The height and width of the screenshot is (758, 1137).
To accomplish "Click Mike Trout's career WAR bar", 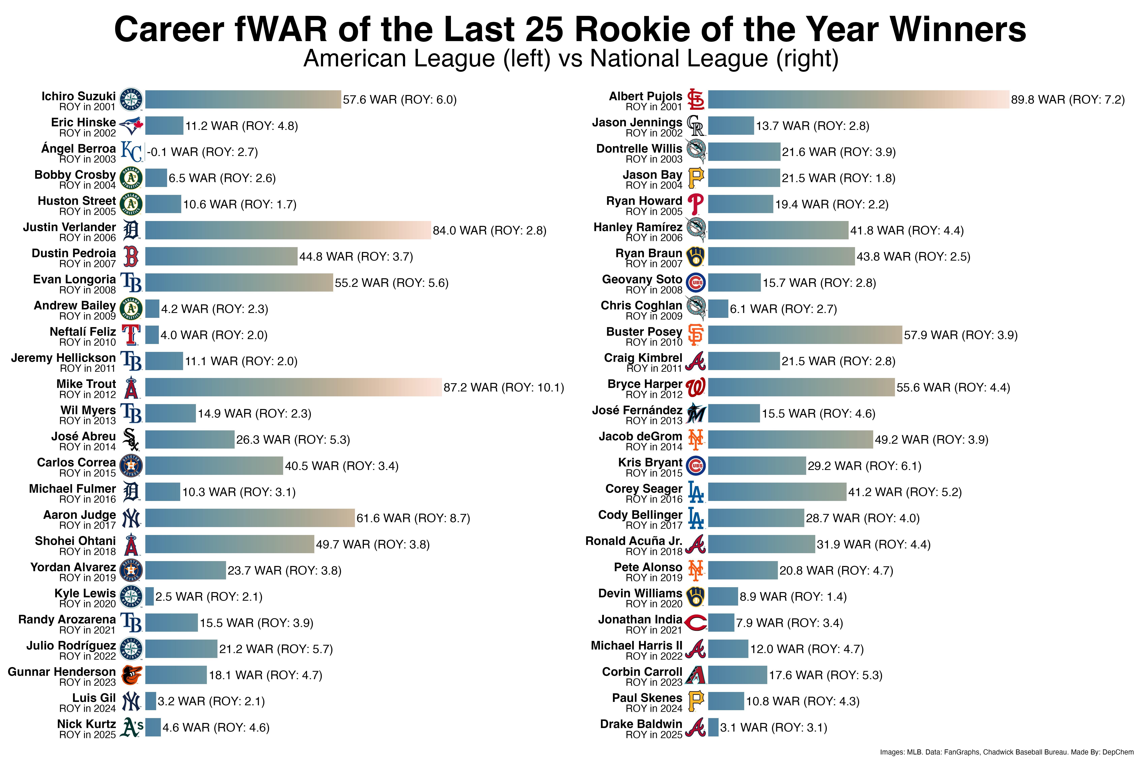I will click(x=293, y=387).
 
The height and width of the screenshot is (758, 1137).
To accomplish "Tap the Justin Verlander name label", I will click(x=70, y=227).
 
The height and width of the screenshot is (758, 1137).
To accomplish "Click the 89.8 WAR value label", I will click(x=1067, y=100).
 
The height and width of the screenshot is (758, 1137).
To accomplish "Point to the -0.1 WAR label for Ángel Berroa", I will click(x=202, y=152).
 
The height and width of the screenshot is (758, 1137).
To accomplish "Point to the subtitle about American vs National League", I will click(x=570, y=58).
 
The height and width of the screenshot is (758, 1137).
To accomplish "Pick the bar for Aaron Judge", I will click(x=249, y=518).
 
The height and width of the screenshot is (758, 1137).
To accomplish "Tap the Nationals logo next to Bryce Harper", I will click(x=696, y=387).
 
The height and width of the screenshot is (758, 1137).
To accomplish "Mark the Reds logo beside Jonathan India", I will click(x=696, y=623).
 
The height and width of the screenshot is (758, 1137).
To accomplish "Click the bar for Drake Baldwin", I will click(x=713, y=727).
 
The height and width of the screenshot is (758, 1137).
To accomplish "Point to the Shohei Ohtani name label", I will click(x=75, y=541).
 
